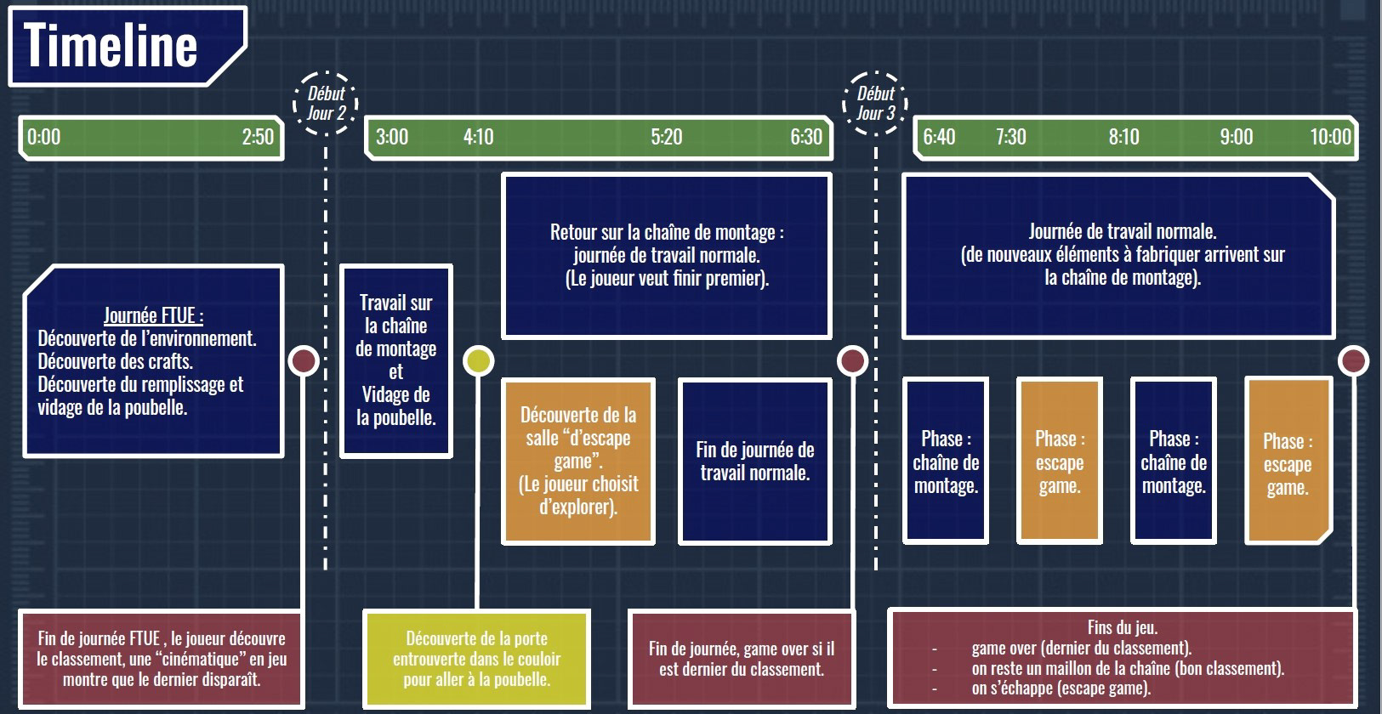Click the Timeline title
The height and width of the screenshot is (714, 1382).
(x=111, y=45)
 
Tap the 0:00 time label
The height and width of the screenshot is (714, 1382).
(x=44, y=137)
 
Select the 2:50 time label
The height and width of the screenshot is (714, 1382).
(x=258, y=137)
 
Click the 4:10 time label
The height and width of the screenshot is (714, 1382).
(x=478, y=137)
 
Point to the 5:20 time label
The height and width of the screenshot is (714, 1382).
(x=667, y=137)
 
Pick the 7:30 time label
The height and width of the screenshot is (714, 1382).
(x=1010, y=137)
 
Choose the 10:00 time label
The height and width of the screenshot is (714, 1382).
(x=1330, y=137)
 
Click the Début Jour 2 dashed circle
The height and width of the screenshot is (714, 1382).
(x=326, y=103)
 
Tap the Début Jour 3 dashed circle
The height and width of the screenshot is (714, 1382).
(x=875, y=103)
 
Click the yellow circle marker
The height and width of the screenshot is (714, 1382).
(x=478, y=361)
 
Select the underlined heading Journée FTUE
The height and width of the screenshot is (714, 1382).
(x=153, y=316)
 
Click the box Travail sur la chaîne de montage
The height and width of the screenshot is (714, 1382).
(x=396, y=360)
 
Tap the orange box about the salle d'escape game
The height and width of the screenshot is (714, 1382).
(x=578, y=461)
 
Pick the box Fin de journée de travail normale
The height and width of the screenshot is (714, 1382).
(x=755, y=461)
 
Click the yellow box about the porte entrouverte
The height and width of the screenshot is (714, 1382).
(x=476, y=659)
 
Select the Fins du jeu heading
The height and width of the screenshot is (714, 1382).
(x=1123, y=628)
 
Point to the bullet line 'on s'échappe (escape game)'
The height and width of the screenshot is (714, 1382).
(x=1061, y=688)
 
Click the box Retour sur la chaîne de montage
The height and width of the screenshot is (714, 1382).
(x=667, y=255)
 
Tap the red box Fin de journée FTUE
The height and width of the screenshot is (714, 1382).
(x=161, y=659)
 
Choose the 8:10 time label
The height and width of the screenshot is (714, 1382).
(x=1123, y=137)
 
